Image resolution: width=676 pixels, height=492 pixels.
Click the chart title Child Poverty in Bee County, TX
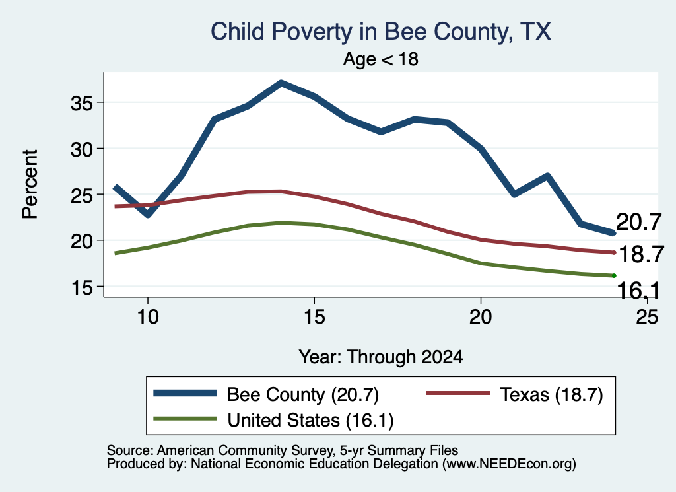pos(381,32)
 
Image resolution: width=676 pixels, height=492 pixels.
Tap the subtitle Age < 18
pos(381,59)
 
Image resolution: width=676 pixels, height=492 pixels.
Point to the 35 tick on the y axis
pos(82,103)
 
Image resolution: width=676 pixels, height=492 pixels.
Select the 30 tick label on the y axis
pos(82,149)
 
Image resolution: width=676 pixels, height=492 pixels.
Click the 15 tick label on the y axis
pos(82,287)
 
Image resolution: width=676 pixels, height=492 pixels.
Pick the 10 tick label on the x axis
pos(148,317)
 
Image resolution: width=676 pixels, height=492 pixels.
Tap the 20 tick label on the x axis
pos(481,317)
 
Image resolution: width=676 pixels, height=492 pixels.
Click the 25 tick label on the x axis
pos(647,317)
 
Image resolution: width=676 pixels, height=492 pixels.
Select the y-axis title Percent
pos(30,184)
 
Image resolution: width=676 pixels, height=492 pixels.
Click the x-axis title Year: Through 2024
pos(381,357)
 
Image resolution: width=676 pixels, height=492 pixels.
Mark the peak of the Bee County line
pos(281,83)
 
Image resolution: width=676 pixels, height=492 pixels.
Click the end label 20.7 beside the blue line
pos(638,223)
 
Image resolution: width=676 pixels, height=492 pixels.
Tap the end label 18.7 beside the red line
pos(640,254)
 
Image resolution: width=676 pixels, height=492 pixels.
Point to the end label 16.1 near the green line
pos(638,290)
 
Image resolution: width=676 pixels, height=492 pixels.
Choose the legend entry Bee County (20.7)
pos(266,394)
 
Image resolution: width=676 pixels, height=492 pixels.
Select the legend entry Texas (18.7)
pos(515,394)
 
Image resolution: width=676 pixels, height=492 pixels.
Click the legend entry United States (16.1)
pos(273,420)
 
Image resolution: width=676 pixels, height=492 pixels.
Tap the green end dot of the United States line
pos(613,275)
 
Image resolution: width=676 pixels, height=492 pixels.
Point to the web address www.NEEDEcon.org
pos(509,464)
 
